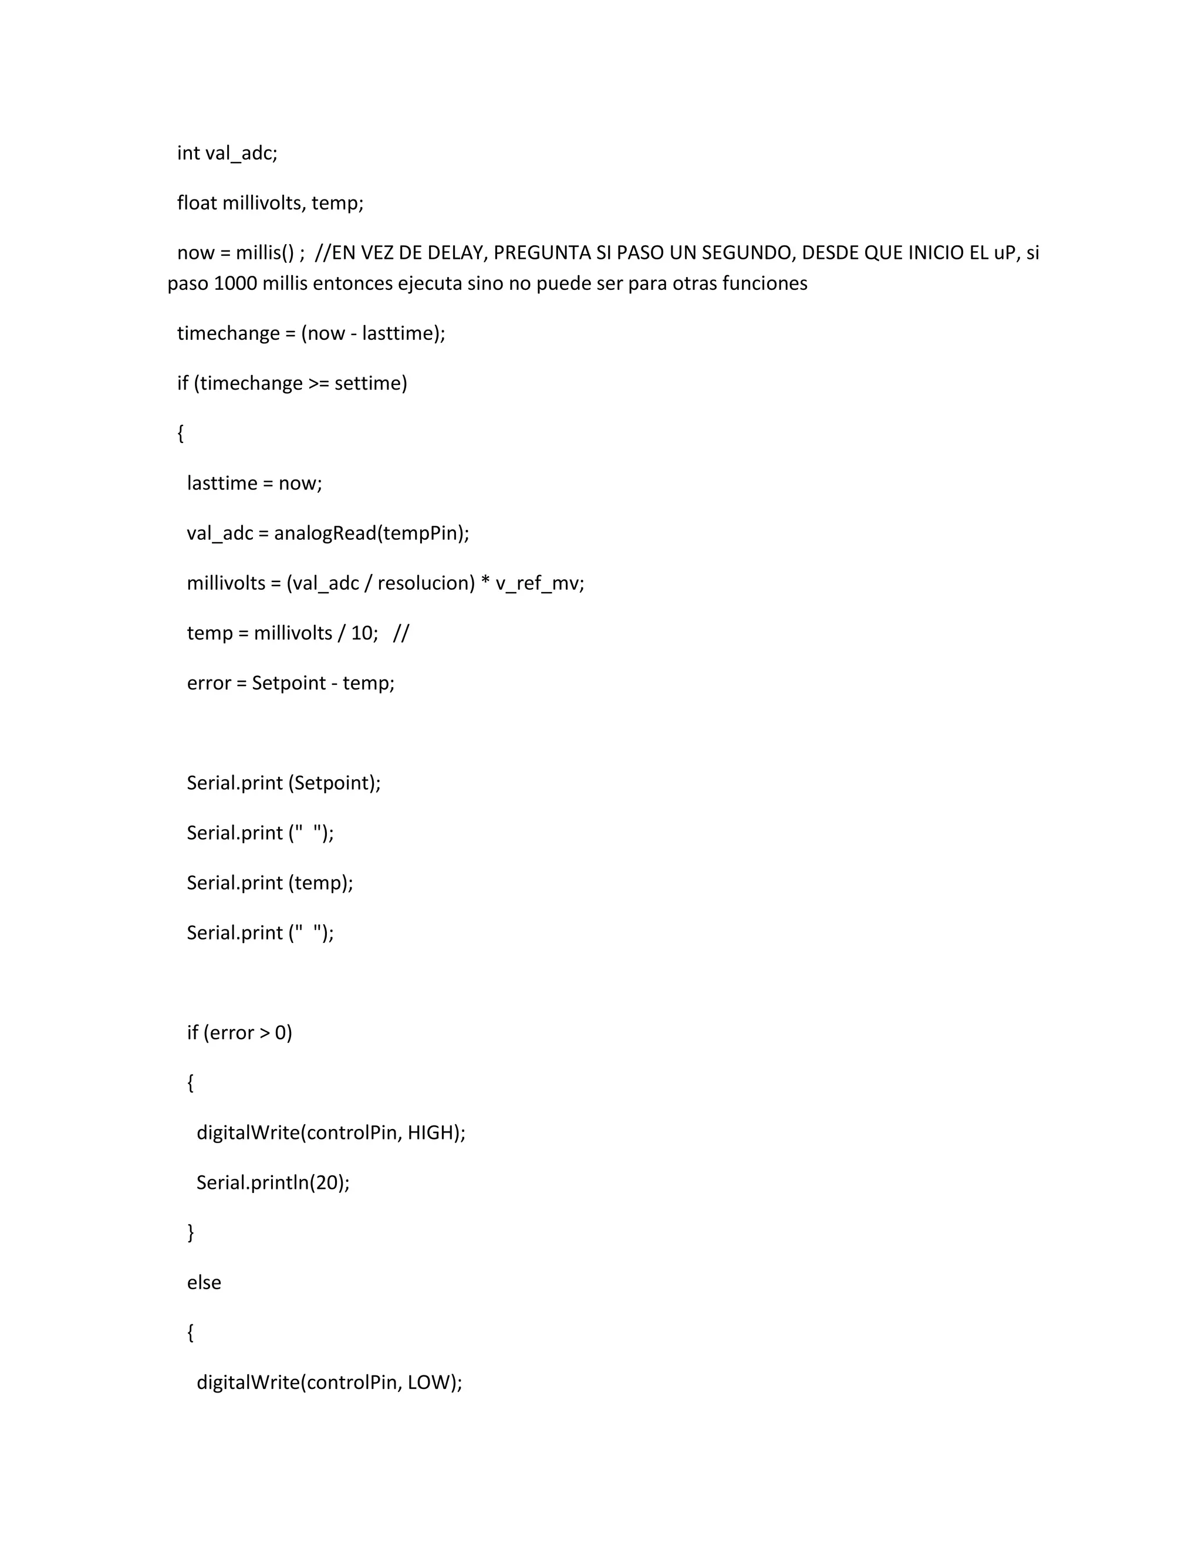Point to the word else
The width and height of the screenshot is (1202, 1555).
pyautogui.click(x=204, y=1282)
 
